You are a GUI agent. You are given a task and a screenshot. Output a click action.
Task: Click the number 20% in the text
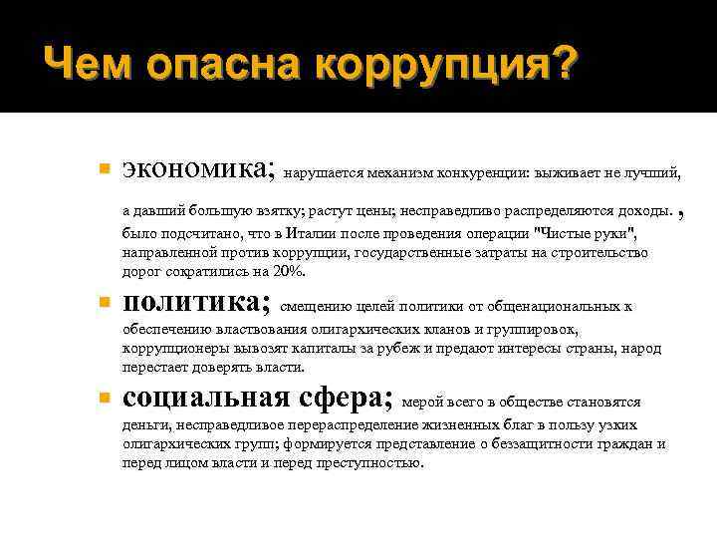290,272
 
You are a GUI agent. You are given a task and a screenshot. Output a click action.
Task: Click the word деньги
145,425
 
